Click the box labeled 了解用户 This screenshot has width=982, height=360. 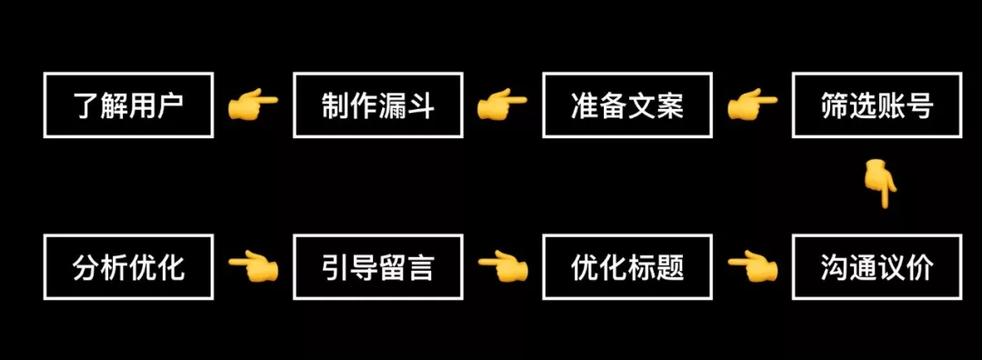128,105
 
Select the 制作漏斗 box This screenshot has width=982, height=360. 377,105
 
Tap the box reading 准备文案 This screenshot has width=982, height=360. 626,105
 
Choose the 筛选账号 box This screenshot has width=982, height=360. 877,105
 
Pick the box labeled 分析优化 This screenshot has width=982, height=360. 128,266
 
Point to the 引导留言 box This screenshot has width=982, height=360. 377,266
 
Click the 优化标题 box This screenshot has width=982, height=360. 626,266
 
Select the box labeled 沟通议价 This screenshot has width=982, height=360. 877,266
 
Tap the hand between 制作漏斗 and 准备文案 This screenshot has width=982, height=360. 502,105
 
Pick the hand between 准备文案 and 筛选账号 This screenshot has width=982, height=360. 752,105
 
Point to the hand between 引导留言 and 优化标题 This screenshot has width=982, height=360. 502,266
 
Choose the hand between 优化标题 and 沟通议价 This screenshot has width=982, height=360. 752,266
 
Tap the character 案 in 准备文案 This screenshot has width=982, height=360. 670,106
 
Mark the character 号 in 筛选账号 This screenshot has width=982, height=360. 920,106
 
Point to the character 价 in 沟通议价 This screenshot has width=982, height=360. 920,267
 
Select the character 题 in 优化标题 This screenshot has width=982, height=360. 670,267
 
